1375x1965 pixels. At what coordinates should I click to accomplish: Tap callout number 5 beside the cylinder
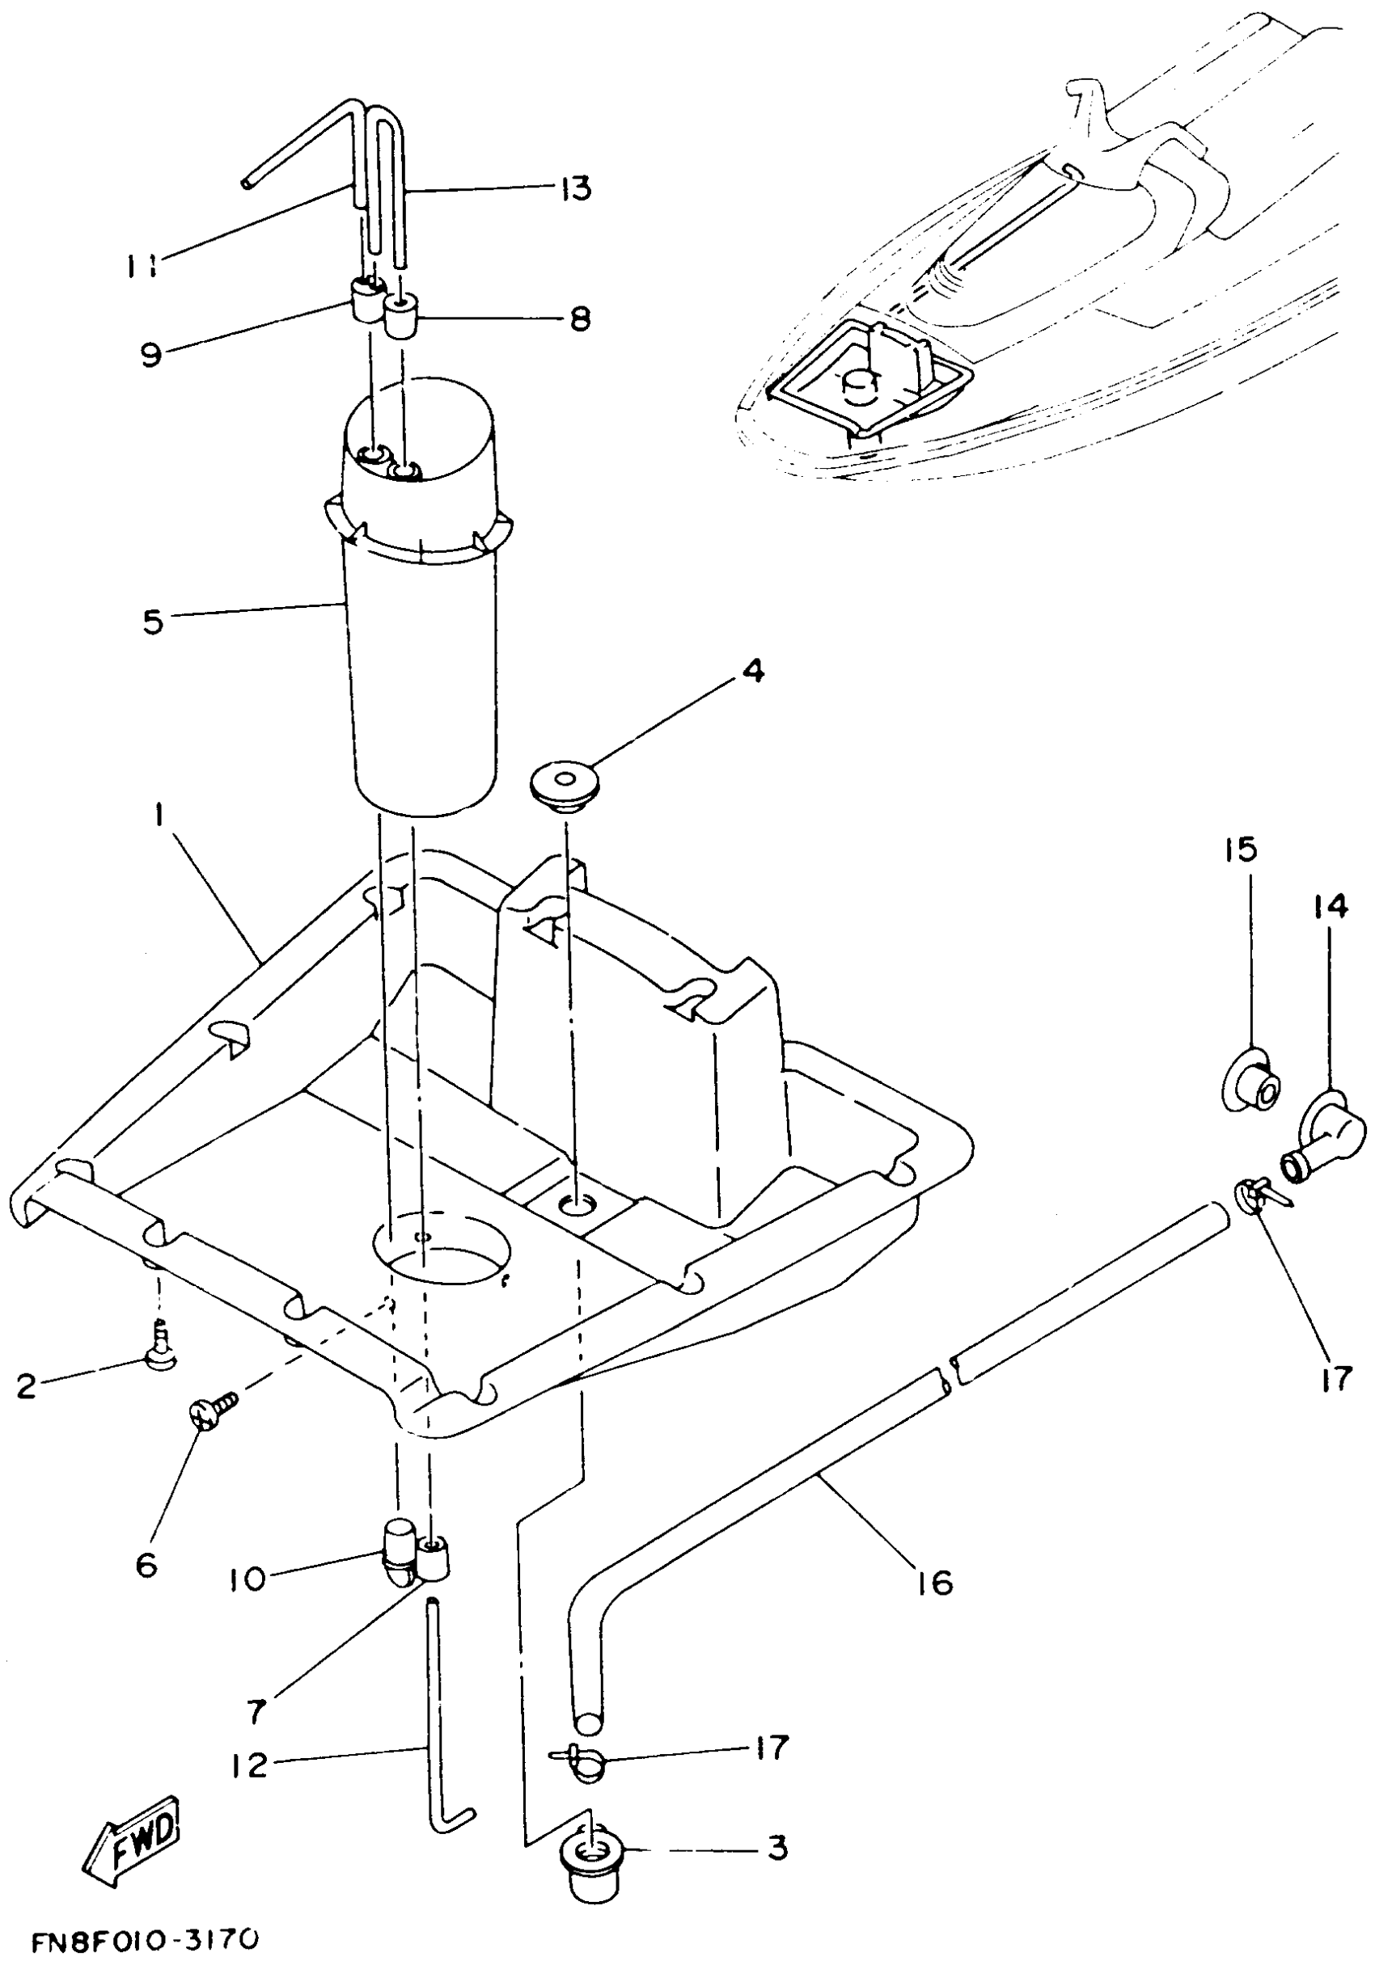tap(152, 622)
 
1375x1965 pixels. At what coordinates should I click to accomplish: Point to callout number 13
tap(576, 188)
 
